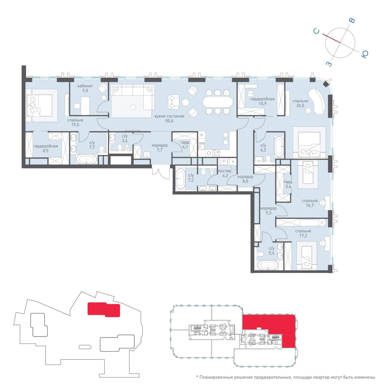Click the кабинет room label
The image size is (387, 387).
tap(85, 86)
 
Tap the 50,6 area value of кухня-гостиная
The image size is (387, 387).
tap(169, 121)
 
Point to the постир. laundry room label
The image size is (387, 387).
tap(225, 171)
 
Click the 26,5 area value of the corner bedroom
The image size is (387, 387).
tap(300, 106)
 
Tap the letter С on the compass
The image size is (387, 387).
tap(316, 31)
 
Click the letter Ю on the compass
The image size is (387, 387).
tap(365, 54)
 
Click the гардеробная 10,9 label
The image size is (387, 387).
tap(262, 101)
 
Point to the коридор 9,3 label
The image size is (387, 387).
tap(268, 210)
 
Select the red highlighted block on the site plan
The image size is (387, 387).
tap(104, 309)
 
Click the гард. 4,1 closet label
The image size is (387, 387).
tap(185, 145)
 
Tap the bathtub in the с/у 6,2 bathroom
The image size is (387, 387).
tap(279, 146)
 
